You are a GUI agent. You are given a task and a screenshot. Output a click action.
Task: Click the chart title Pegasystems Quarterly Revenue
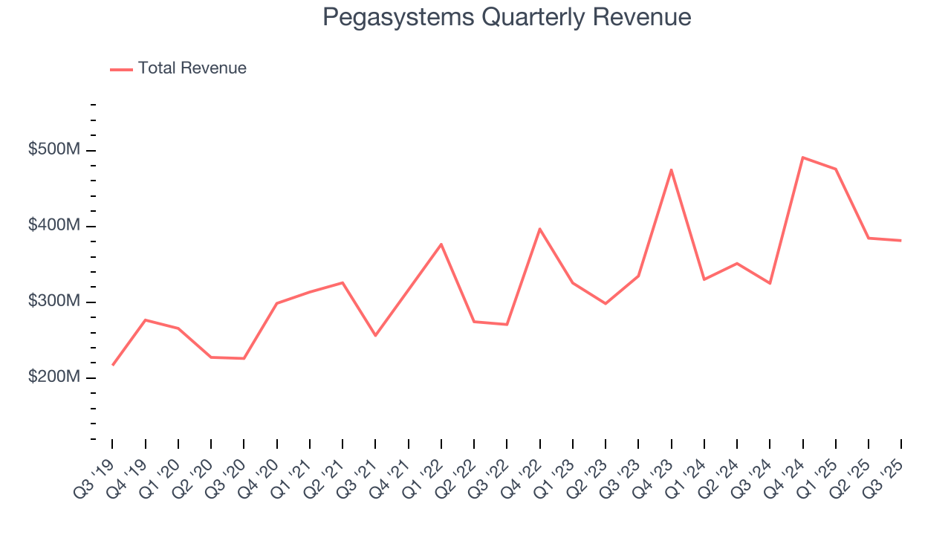(x=507, y=17)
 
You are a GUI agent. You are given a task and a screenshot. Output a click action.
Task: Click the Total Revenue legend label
(x=192, y=68)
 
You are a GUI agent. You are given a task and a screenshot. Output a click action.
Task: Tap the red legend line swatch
(x=121, y=69)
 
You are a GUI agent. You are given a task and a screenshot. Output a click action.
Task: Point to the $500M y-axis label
(x=53, y=150)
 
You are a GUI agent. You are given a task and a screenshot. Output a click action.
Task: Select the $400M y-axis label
(x=53, y=226)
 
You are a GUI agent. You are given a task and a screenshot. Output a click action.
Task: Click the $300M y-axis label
(x=53, y=302)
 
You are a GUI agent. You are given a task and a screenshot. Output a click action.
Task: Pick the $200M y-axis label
(x=53, y=377)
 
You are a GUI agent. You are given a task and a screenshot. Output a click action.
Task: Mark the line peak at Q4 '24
(x=803, y=158)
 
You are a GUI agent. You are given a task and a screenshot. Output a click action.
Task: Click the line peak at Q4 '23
(x=672, y=169)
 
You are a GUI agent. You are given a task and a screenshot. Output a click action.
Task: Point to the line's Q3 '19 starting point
(x=113, y=365)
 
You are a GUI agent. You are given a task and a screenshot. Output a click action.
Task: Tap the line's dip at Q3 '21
(x=375, y=336)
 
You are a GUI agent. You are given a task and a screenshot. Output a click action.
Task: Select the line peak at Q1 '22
(x=441, y=244)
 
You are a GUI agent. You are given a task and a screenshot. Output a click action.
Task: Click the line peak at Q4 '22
(x=540, y=228)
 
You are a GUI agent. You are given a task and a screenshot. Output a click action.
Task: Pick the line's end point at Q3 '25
(x=901, y=241)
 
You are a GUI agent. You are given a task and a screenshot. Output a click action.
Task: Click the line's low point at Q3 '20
(x=244, y=359)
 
